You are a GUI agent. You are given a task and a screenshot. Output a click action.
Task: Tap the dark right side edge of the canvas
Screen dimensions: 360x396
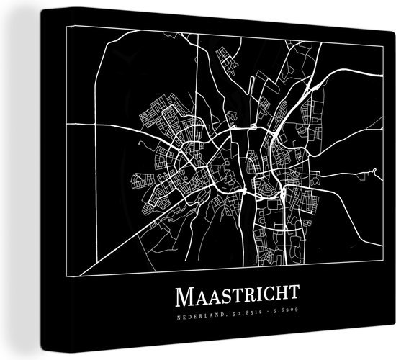coord(389,180)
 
